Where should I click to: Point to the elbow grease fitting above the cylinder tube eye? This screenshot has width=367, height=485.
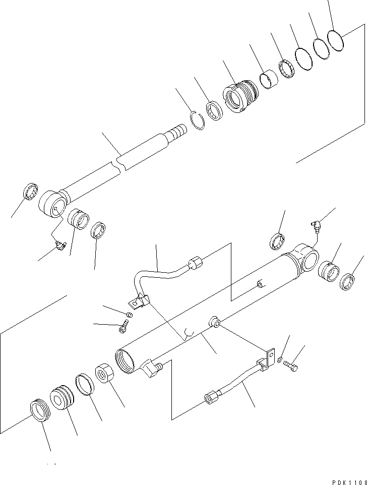tap(316, 226)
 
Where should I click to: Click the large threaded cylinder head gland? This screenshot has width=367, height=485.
tap(240, 94)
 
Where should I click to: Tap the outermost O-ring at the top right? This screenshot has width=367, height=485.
tap(335, 39)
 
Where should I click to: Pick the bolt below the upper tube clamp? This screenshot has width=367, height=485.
tap(123, 329)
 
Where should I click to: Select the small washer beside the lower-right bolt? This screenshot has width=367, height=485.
tap(280, 359)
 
